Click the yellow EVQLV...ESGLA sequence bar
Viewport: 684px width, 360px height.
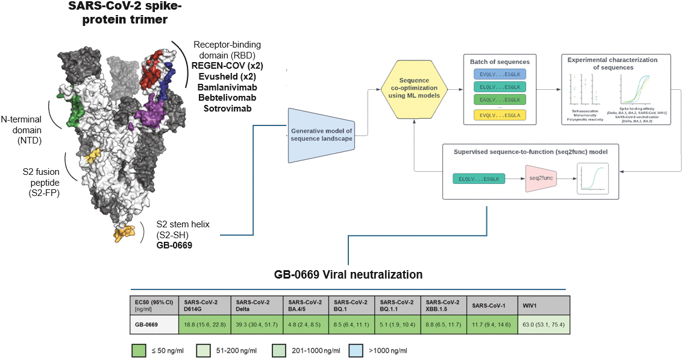click(500, 115)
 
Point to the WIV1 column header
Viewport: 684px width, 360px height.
click(542, 304)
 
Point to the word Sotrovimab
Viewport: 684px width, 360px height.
click(227, 109)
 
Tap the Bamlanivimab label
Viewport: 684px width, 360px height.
click(227, 87)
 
